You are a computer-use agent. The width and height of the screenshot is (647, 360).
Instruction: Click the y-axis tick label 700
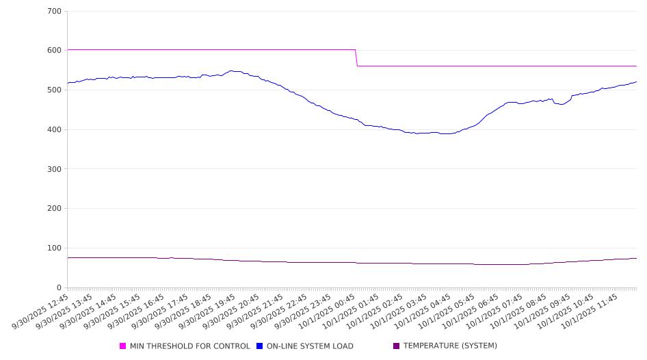pos(54,12)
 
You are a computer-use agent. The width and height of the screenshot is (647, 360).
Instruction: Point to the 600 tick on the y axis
pos(54,51)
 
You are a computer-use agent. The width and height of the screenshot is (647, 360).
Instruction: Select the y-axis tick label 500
pos(54,90)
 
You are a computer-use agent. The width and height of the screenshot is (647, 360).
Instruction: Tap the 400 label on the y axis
pos(54,130)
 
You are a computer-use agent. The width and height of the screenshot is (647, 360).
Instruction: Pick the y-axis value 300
pos(54,169)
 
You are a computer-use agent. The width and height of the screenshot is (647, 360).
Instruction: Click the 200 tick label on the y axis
pos(54,209)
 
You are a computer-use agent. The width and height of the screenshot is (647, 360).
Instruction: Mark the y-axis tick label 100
pos(54,248)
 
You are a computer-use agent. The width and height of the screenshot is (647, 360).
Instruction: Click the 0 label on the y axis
pos(59,288)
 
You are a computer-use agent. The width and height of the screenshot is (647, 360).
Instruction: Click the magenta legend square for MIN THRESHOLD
pos(123,346)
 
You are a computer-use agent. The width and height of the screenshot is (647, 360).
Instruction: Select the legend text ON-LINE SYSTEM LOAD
pos(310,346)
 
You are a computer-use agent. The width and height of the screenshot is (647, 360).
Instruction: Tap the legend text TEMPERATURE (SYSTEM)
pos(450,346)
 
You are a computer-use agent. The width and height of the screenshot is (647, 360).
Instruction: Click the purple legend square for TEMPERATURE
pos(397,346)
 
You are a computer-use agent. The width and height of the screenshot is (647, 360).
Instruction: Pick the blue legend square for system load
pos(260,346)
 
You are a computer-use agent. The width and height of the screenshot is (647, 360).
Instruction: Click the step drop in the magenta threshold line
pos(356,58)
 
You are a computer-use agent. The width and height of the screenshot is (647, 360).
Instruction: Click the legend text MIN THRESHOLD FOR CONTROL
pos(190,346)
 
